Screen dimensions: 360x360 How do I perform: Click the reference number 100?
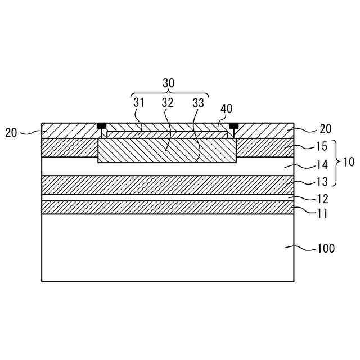(x=326, y=248)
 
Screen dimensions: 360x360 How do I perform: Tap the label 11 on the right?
(x=323, y=214)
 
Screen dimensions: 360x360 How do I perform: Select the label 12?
(x=323, y=199)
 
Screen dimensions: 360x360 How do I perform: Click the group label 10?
(x=349, y=163)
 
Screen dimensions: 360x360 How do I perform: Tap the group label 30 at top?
(x=169, y=83)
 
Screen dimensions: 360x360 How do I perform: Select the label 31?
(x=139, y=103)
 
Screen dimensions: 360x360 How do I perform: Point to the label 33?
(x=198, y=103)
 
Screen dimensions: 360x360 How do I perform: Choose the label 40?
(x=227, y=109)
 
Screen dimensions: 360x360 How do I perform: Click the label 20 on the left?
(x=11, y=133)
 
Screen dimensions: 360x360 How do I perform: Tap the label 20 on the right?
(x=326, y=129)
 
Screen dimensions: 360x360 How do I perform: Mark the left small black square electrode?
(x=102, y=125)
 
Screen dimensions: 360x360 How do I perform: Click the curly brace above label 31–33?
(x=169, y=93)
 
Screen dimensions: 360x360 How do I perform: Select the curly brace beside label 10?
(x=336, y=163)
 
